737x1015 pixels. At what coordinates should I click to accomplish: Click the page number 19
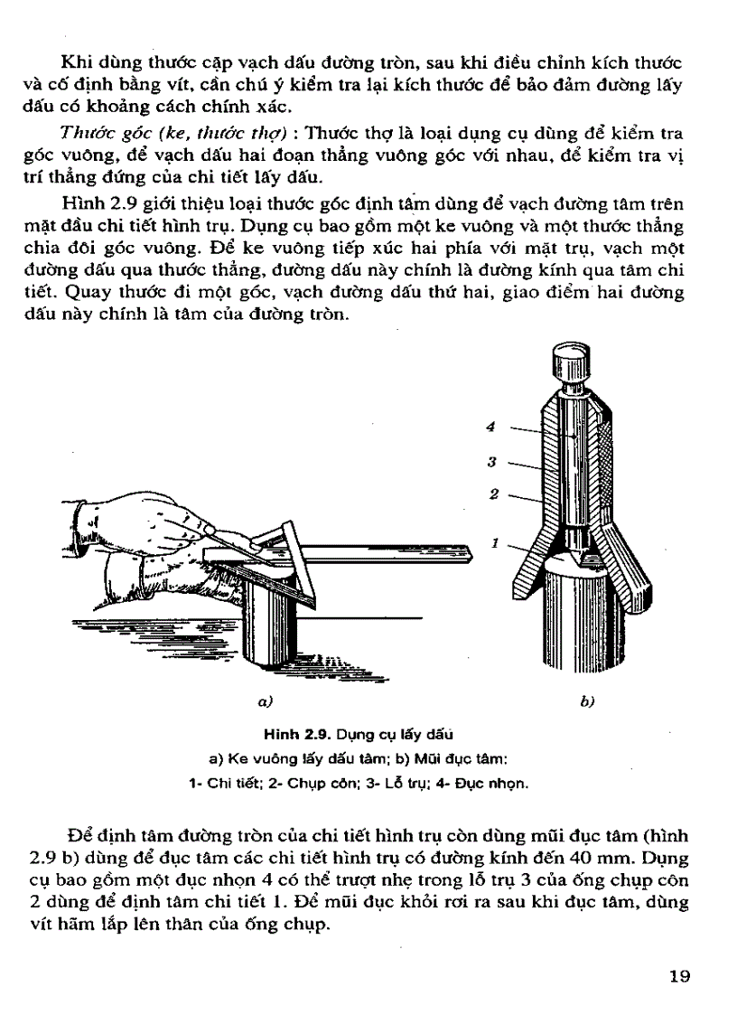[x=679, y=975]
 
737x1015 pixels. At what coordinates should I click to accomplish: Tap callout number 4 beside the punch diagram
[x=491, y=427]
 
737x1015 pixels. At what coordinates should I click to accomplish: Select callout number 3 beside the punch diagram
[x=491, y=462]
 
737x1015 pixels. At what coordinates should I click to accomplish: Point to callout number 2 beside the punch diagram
[x=494, y=493]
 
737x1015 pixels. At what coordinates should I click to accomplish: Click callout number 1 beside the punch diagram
[x=495, y=543]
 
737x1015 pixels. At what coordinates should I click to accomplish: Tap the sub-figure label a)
[x=265, y=700]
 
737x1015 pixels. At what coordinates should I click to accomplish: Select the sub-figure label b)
[x=587, y=700]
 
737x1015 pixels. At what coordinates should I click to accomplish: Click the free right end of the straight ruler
[x=471, y=551]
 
